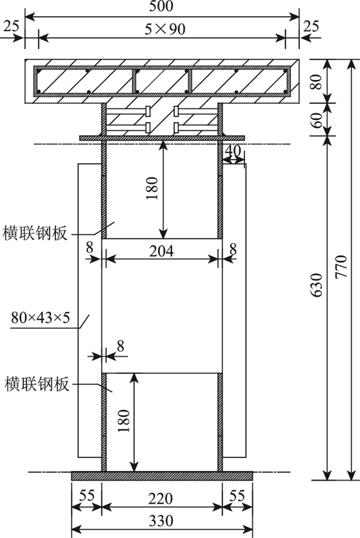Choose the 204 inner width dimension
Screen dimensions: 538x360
click(162, 251)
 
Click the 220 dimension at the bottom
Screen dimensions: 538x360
click(162, 498)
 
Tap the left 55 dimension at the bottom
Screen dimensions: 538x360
click(86, 498)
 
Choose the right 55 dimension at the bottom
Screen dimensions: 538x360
click(237, 498)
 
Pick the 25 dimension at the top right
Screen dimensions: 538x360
click(312, 26)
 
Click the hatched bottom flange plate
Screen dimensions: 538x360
click(162, 476)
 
